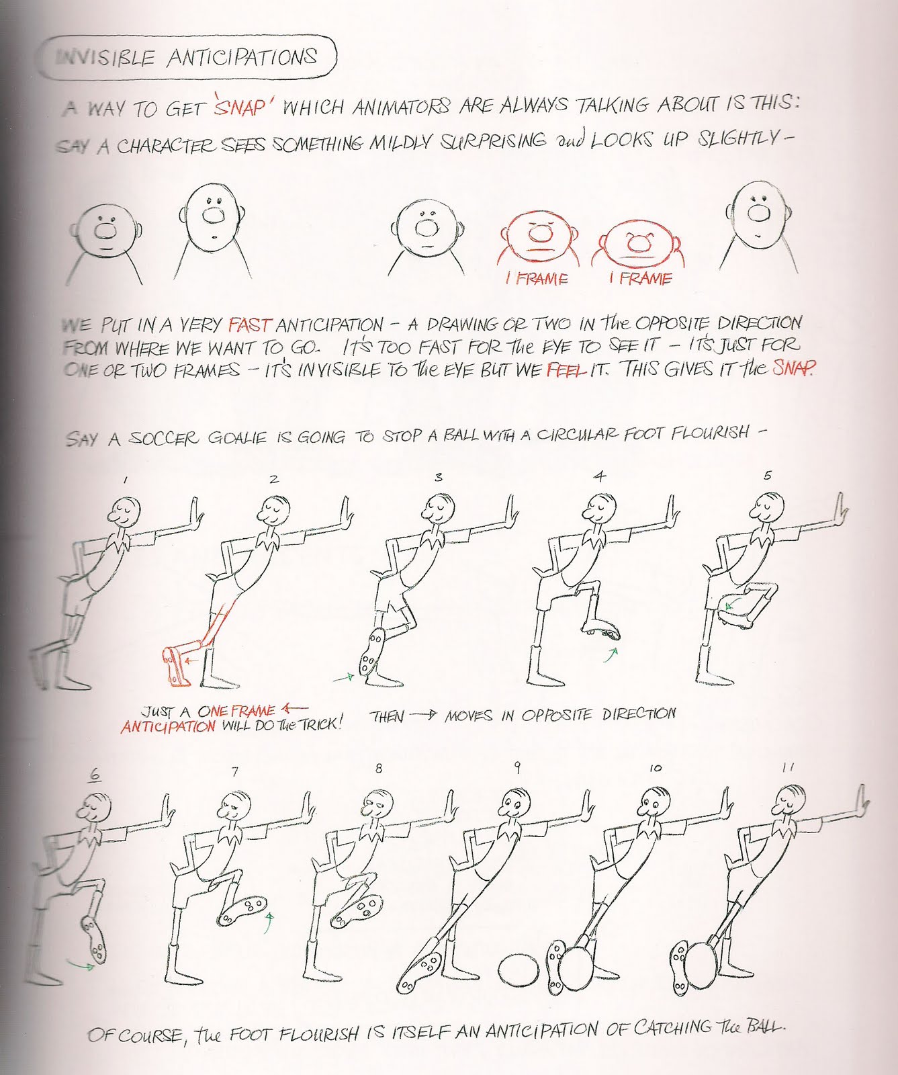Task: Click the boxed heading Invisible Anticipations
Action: (x=187, y=58)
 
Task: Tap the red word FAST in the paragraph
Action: (x=250, y=325)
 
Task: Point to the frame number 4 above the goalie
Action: (x=600, y=476)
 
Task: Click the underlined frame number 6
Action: (x=95, y=774)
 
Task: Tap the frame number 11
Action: (x=789, y=768)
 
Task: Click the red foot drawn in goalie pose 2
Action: (x=177, y=666)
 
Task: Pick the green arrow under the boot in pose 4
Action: (x=610, y=654)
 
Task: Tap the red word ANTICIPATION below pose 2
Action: (x=169, y=726)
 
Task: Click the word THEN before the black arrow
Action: (x=387, y=717)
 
